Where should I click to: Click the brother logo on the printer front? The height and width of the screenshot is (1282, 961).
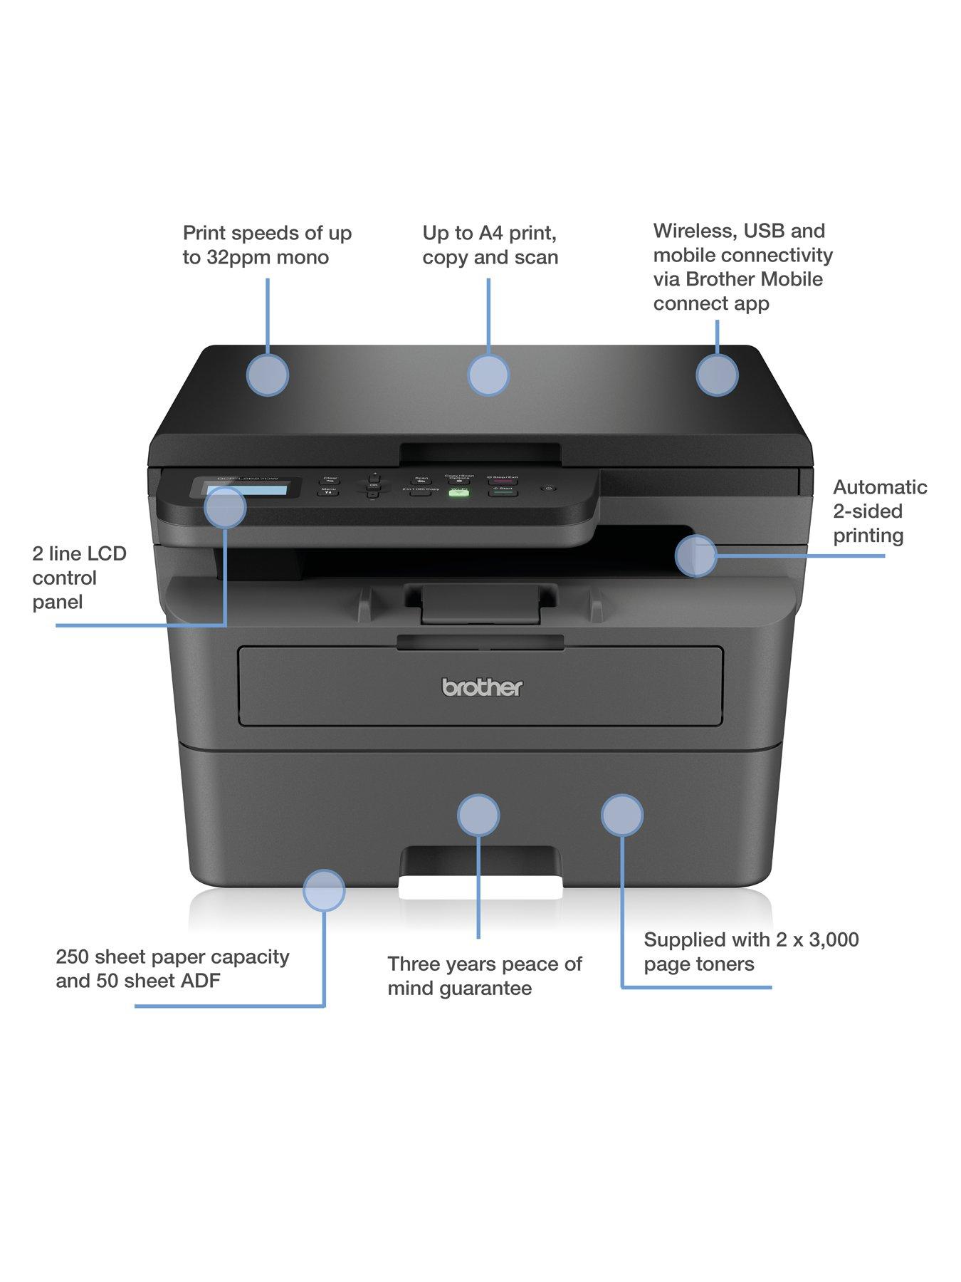point(482,687)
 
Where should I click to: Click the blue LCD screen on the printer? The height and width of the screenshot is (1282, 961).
point(246,490)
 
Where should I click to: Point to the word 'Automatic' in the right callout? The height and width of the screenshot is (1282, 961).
point(880,487)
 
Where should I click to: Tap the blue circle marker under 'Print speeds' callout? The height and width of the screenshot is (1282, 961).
point(268,375)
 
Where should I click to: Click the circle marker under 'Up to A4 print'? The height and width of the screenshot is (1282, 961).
point(488,375)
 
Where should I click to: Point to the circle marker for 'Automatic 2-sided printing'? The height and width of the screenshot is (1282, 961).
point(695,556)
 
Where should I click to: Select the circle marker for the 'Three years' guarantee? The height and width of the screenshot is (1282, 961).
point(478,815)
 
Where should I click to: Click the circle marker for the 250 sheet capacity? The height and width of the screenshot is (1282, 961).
point(324,890)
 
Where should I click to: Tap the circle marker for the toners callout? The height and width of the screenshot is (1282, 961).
point(622,815)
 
